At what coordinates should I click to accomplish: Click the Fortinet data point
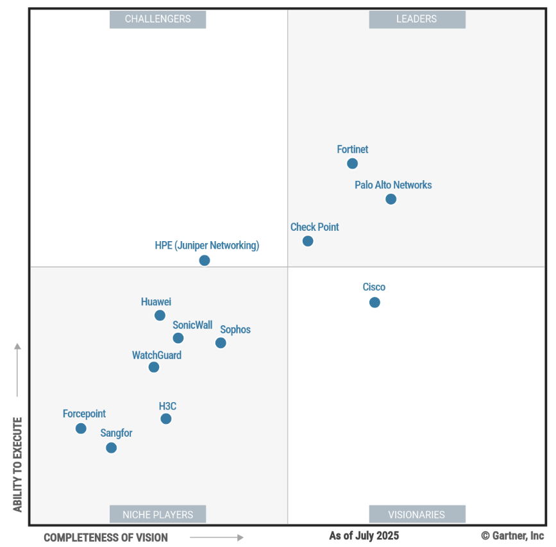pos(352,164)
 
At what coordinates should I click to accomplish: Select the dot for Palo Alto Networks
pos(391,199)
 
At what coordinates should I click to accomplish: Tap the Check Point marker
pos(308,241)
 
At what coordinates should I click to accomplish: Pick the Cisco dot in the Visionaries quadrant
pos(375,302)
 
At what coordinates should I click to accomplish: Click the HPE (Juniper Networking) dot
pos(204,260)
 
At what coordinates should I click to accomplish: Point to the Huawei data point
pos(160,316)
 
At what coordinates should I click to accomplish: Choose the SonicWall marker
pos(178,338)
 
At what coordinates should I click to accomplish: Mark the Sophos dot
pos(221,343)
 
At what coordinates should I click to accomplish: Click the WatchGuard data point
pos(154,367)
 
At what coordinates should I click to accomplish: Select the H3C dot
pos(166,419)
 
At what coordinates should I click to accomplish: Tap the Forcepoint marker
pos(81,428)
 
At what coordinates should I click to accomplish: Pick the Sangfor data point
pos(111,448)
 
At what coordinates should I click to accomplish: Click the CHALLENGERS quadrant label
pos(158,19)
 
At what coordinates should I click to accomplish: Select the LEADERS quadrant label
pos(417,19)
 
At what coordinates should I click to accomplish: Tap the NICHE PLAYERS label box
pos(158,514)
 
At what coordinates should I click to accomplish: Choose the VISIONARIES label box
pos(417,514)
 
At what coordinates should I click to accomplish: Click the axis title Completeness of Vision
pos(106,537)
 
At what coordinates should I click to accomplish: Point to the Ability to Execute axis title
pos(17,464)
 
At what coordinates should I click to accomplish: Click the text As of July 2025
pos(364,535)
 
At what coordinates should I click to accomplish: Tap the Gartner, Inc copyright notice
pos(512,535)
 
